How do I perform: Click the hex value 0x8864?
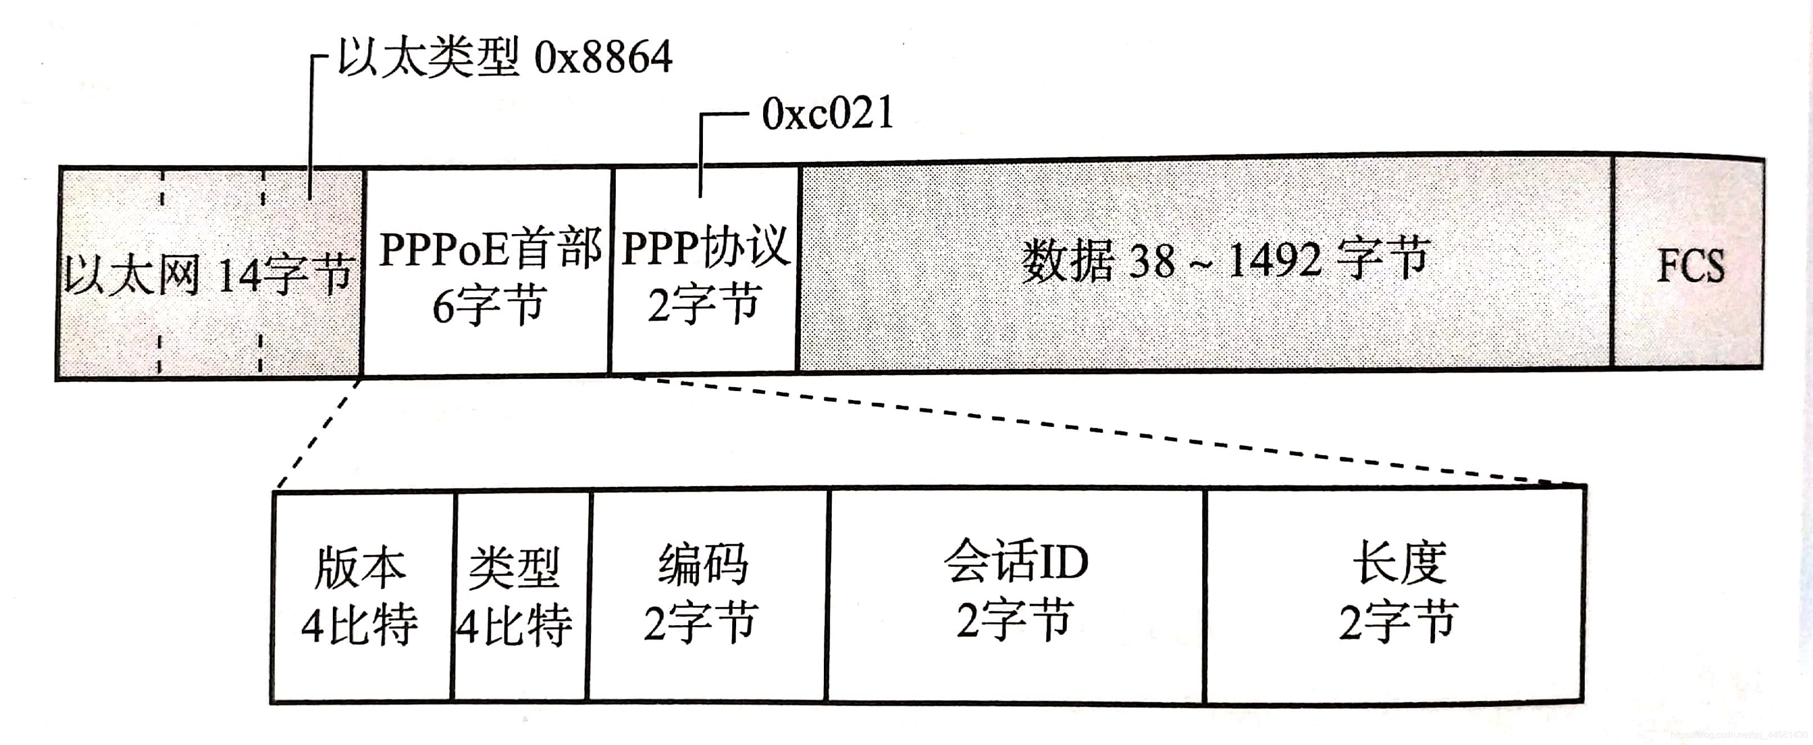(603, 58)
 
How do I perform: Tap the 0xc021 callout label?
(828, 114)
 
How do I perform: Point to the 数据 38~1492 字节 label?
(1225, 261)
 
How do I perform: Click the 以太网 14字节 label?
(208, 275)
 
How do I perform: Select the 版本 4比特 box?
(361, 596)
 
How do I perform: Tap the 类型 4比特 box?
(520, 596)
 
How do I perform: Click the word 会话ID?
(1016, 562)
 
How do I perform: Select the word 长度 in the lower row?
(1399, 563)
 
